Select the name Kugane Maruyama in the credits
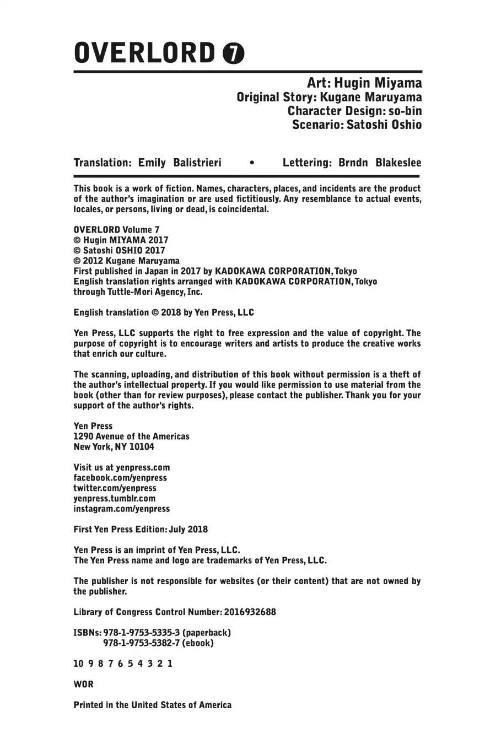tap(370, 97)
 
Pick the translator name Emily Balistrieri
tap(180, 163)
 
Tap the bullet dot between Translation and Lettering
tap(252, 163)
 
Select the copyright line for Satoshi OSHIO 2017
tap(120, 250)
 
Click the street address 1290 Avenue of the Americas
tap(132, 436)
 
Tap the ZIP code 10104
tap(142, 446)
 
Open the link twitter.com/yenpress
tap(115, 488)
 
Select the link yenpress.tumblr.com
tap(115, 498)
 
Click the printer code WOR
tap(83, 684)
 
